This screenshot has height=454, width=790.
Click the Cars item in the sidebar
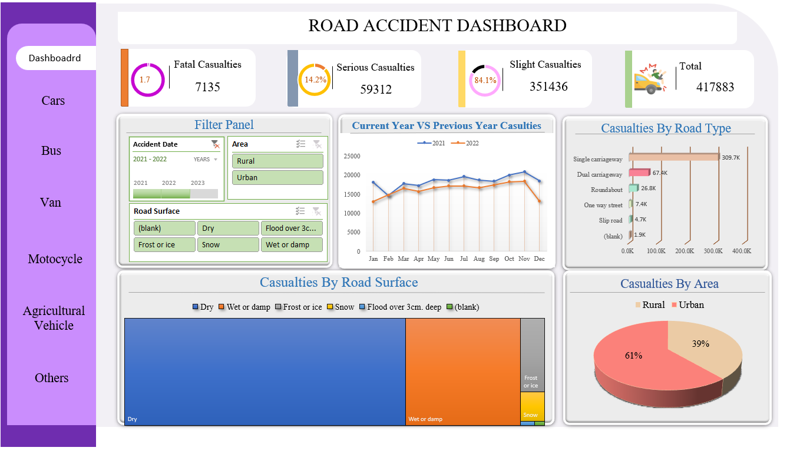52,101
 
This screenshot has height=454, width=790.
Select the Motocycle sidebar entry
55,259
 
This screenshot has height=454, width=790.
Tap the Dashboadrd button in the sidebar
55,58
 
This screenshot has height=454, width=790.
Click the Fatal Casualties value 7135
207,87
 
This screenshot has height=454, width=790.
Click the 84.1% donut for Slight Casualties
485,80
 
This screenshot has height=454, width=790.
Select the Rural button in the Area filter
277,161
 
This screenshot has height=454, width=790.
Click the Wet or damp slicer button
292,245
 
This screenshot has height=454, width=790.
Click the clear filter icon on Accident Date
215,144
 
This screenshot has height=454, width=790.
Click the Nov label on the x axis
524,259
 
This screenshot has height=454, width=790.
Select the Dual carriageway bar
639,173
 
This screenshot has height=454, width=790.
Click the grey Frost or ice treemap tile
532,354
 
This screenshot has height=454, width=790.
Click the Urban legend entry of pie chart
686,305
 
